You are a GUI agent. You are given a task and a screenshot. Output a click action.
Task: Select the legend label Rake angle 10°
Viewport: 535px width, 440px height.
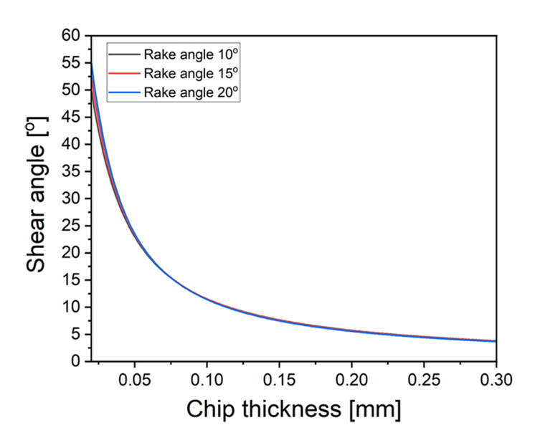(189, 54)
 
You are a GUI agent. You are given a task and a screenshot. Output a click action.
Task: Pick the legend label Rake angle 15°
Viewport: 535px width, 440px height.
(189, 73)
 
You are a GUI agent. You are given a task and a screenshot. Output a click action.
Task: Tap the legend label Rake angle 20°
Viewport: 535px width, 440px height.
(189, 92)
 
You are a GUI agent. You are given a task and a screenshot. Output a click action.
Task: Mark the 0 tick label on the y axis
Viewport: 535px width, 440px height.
(75, 362)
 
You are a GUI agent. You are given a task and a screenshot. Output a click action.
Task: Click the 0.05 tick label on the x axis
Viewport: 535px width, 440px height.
(134, 380)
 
